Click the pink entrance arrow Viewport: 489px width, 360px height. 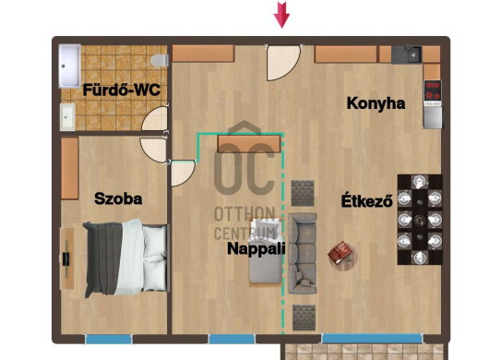coord(282,15)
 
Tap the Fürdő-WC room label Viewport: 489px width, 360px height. coord(121,90)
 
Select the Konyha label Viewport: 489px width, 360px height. coord(376,103)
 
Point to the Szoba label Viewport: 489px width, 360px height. coord(118,198)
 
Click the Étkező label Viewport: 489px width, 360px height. coord(367,200)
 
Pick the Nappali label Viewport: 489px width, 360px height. coord(256,248)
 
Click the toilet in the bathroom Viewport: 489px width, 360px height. coord(160,61)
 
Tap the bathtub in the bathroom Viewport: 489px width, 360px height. coord(70,66)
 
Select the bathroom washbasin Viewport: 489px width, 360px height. coord(67,116)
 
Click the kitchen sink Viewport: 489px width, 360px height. coord(407,54)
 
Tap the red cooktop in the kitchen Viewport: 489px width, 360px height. coord(433,90)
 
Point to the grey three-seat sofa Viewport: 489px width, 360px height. coord(303,253)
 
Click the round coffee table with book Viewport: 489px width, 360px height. coord(342,255)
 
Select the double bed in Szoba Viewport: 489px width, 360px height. coord(126,258)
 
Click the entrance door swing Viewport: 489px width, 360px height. coord(283,63)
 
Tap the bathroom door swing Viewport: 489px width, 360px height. coord(155,118)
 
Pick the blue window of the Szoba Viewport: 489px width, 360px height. coord(108,339)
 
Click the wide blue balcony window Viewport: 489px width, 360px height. coord(372,338)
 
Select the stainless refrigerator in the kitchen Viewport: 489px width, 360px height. coord(433,117)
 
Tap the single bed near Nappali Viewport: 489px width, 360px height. coord(266,251)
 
